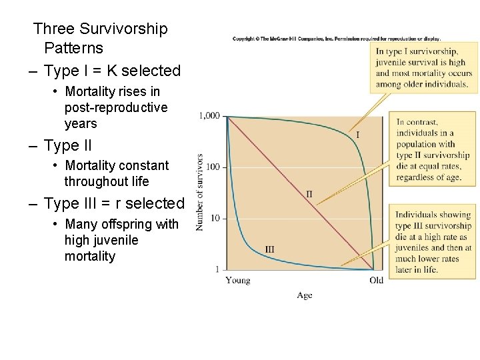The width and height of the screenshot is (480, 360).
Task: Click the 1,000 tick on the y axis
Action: click(x=209, y=116)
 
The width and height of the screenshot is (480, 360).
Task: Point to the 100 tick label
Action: click(x=213, y=167)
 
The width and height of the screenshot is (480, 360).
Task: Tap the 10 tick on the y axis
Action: click(x=215, y=218)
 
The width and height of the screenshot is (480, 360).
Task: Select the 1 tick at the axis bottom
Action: click(x=217, y=269)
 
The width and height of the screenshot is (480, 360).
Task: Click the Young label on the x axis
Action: click(x=238, y=281)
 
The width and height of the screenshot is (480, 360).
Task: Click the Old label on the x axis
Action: click(x=377, y=281)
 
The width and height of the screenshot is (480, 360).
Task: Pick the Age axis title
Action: click(x=304, y=295)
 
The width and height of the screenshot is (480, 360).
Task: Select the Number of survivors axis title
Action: click(x=199, y=193)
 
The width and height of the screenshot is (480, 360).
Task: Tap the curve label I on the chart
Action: click(x=357, y=135)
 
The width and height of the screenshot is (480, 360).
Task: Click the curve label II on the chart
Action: click(x=309, y=194)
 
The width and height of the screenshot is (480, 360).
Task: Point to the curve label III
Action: click(x=269, y=249)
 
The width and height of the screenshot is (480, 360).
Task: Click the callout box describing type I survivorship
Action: click(x=423, y=68)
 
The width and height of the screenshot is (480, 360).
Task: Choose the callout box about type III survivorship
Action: click(x=433, y=242)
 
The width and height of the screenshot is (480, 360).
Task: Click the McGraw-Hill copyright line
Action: click(x=336, y=39)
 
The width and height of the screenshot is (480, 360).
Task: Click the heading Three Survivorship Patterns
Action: click(x=101, y=38)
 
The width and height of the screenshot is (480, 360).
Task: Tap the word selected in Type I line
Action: click(x=154, y=71)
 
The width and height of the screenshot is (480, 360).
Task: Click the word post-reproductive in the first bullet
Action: click(x=116, y=107)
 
